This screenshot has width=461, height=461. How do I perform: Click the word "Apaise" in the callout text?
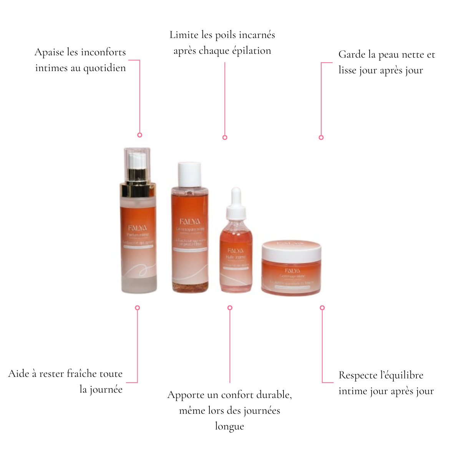point(49,52)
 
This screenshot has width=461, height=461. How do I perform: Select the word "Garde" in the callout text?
point(352,55)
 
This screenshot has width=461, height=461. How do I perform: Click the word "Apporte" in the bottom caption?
point(186,395)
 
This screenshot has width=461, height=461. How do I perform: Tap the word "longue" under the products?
point(229,426)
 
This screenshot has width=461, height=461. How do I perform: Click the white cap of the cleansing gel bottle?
point(189,174)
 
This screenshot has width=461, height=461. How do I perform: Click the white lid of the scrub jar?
point(291,250)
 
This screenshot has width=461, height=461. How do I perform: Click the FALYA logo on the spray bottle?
point(138,228)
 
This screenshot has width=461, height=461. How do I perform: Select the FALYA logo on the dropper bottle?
point(235,251)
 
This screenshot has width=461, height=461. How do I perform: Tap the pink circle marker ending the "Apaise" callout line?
point(140,135)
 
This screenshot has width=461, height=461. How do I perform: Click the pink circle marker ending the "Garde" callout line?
point(321,138)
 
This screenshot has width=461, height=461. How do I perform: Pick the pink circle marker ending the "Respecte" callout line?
point(322,308)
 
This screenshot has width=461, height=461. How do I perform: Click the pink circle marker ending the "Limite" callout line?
point(225,138)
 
